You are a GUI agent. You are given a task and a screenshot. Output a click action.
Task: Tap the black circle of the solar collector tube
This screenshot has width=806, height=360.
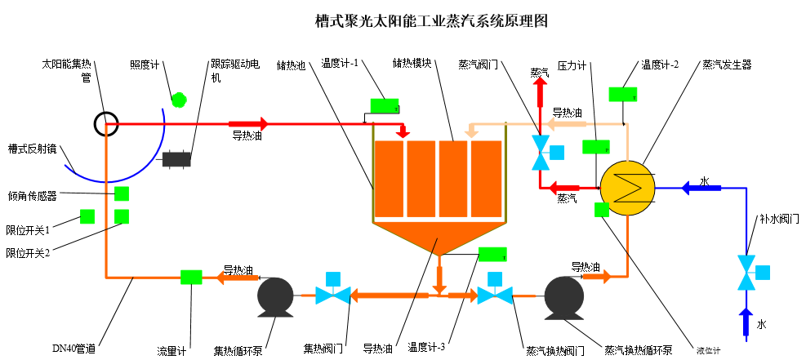tap(106, 124)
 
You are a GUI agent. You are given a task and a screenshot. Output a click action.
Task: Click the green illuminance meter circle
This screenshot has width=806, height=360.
tap(179, 99)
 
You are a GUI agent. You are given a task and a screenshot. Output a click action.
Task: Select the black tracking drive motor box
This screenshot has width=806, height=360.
tap(177, 159)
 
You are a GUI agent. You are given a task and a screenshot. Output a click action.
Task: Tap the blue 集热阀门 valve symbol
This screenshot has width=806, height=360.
tap(333, 294)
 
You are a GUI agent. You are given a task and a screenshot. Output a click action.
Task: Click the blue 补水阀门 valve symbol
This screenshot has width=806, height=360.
tap(746, 273)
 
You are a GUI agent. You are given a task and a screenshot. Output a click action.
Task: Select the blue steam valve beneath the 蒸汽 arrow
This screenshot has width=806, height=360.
tap(540, 153)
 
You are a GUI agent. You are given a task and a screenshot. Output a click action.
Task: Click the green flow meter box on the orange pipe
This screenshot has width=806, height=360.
tap(191, 277)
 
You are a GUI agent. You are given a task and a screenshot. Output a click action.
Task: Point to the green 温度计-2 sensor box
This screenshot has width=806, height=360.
tap(623, 94)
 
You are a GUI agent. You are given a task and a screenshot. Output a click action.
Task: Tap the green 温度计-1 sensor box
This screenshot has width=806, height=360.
tap(385, 105)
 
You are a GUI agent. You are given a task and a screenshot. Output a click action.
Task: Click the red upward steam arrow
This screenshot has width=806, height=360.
tap(540, 94)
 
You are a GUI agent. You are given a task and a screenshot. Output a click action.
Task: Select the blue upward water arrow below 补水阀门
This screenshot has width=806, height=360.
tap(746, 322)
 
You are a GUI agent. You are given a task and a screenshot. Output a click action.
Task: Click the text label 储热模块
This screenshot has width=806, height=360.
tap(412, 63)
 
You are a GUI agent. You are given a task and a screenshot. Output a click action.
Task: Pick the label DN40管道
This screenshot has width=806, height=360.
tap(74, 349)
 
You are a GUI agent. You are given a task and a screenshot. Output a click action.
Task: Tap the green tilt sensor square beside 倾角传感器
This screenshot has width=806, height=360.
tap(122, 193)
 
